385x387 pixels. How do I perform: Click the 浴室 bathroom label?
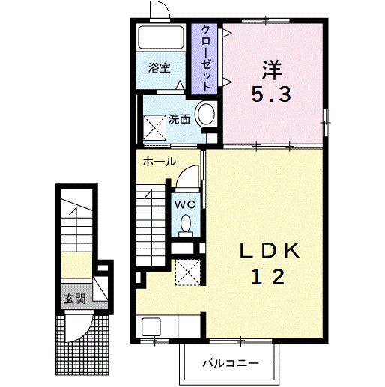(160, 68)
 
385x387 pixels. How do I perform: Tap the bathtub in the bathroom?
(161, 37)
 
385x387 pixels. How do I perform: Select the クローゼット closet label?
(205, 58)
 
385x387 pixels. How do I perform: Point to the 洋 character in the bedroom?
(272, 70)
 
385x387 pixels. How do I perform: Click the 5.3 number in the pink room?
(271, 94)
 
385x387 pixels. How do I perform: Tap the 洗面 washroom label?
(179, 119)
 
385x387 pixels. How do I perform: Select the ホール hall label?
(160, 162)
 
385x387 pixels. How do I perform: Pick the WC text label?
(185, 204)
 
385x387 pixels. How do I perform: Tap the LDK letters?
(270, 251)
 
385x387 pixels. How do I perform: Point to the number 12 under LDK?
(268, 277)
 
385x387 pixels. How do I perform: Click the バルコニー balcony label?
(230, 363)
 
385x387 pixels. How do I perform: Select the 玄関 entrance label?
(75, 299)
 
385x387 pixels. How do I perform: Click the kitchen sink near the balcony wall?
(151, 326)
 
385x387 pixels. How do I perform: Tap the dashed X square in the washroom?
(154, 128)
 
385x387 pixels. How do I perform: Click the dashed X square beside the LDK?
(188, 272)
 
